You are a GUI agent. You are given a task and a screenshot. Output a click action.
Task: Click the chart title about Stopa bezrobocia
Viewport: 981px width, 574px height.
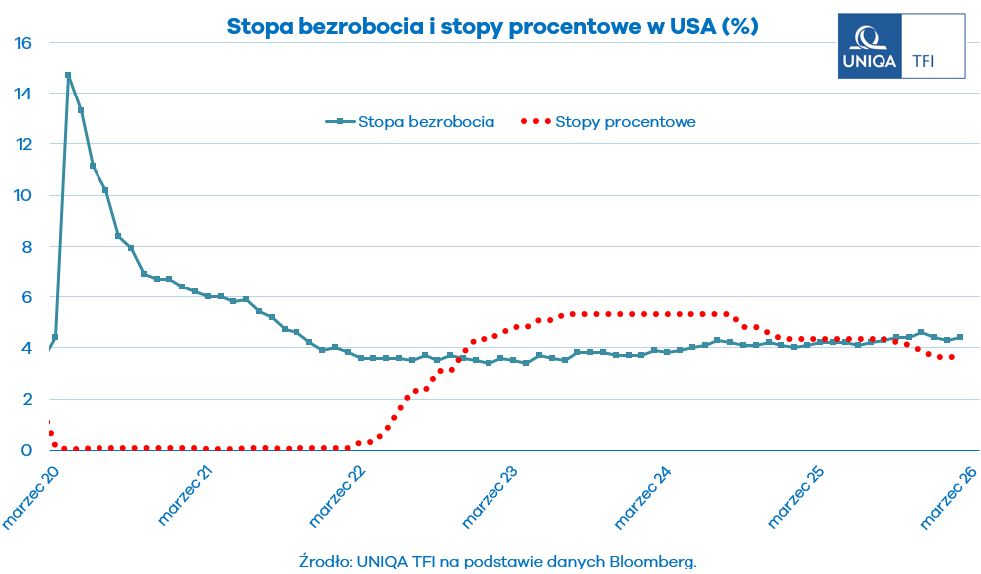click(492, 27)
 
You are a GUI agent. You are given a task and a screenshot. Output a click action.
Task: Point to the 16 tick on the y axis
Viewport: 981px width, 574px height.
click(25, 43)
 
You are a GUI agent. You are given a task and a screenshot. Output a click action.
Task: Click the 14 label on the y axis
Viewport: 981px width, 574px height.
click(25, 94)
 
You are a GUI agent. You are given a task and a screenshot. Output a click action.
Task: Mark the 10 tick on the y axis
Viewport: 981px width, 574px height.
click(25, 195)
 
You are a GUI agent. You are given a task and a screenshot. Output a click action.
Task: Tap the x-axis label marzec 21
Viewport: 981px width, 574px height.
click(186, 494)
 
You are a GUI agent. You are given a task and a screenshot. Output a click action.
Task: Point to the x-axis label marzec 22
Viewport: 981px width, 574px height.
click(338, 494)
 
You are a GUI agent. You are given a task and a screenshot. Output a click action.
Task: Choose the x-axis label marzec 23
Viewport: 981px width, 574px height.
click(491, 494)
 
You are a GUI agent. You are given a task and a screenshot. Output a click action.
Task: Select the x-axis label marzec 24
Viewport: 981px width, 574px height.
click(644, 494)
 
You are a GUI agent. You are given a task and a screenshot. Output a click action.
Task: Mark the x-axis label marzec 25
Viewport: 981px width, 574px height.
click(797, 494)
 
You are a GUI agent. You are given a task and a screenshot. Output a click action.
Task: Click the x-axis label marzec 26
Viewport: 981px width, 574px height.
click(948, 494)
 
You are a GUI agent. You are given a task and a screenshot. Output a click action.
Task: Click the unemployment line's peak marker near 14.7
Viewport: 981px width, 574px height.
click(68, 75)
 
